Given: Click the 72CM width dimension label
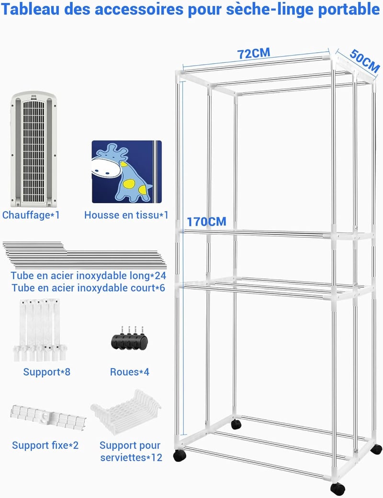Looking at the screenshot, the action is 254,53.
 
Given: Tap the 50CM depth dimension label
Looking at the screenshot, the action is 365,61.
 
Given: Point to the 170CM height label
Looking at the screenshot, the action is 206,222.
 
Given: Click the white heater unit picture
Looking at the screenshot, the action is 34,149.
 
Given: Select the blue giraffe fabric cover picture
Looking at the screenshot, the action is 126,172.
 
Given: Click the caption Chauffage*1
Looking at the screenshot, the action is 31,215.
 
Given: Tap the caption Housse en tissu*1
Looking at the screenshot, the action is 126,215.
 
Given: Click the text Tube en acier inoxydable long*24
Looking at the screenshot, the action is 89,275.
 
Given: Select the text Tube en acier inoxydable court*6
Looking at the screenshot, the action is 89,288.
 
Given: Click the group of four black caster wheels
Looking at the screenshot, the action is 129,338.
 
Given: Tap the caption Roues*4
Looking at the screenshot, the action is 129,372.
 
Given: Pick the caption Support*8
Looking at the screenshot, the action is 46,372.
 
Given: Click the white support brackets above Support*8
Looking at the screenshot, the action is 40,330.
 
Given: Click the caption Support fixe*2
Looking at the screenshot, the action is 45,445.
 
